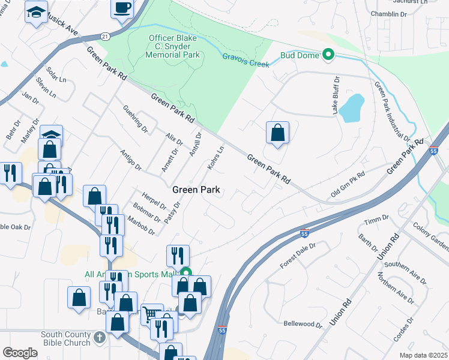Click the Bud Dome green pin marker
pyautogui.click(x=328, y=55)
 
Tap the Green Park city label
pyautogui.click(x=196, y=190)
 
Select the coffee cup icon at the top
pyautogui.click(x=123, y=8)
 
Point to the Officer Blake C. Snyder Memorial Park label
pyautogui.click(x=173, y=46)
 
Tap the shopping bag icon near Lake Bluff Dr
pyautogui.click(x=277, y=133)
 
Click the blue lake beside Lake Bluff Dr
pyautogui.click(x=351, y=108)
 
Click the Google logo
pyautogui.click(x=20, y=352)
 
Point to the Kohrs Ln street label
pyautogui.click(x=215, y=157)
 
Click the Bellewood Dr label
pyautogui.click(x=303, y=324)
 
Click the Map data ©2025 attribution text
pyautogui.click(x=423, y=355)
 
